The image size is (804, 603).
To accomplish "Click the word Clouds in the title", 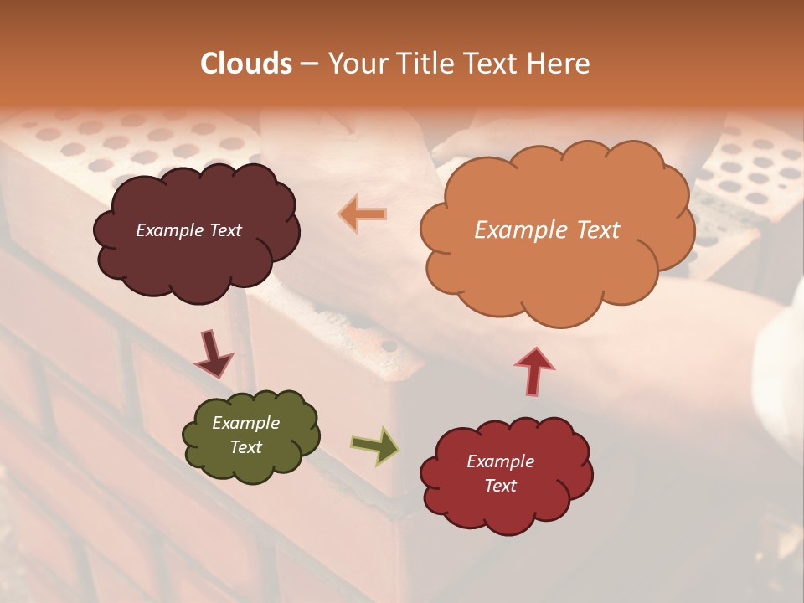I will [x=246, y=64].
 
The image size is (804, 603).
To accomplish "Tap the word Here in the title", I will [x=560, y=64].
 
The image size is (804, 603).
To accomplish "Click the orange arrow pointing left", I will [x=363, y=214].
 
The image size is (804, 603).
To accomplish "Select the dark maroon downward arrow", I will [x=213, y=354].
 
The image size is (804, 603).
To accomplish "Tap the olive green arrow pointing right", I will [x=375, y=446].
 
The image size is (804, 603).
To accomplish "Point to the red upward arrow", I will [x=533, y=369].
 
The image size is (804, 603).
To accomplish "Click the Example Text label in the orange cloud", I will [x=547, y=230].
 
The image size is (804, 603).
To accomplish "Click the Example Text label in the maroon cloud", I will [x=188, y=230].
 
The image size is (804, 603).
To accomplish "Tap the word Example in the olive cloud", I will [x=245, y=423].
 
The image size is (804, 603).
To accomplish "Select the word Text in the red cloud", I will [x=500, y=486].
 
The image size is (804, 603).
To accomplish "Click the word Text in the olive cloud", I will [x=245, y=447].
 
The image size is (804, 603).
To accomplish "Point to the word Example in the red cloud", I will [x=500, y=461].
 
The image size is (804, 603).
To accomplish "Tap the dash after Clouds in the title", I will [x=308, y=64].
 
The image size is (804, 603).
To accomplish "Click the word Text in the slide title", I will [x=494, y=64].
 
